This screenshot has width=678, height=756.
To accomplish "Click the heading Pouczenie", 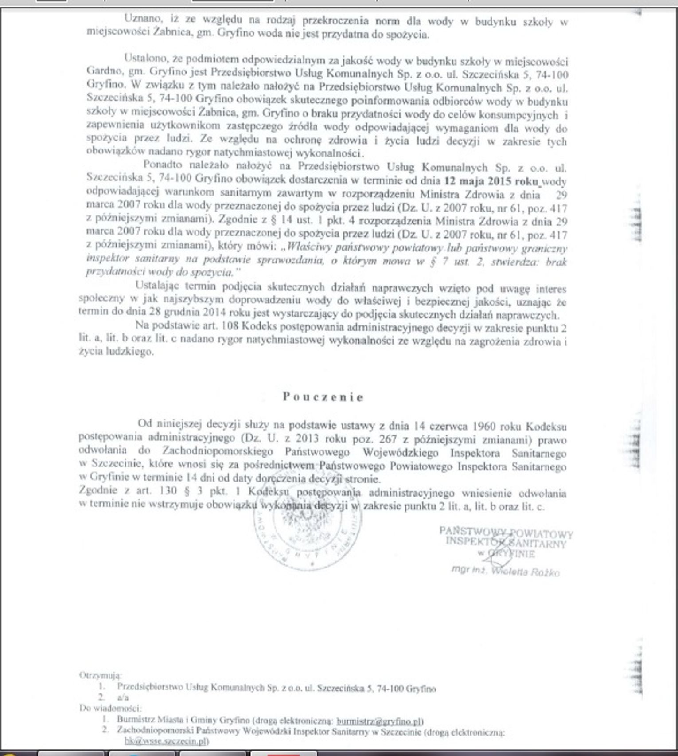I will pos(323,397).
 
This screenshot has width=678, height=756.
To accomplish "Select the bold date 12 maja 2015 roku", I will pos(491,181).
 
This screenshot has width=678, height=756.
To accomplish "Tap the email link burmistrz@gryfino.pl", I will pos(379,721).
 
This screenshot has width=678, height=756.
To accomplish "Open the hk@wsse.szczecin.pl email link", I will pos(166,741).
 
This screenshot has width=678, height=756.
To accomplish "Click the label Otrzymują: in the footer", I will pos(100,676).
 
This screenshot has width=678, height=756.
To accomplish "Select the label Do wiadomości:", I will pos(110,708).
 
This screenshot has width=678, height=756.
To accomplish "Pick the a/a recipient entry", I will pos(123,697).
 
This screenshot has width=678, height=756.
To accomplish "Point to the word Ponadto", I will pos(163,165).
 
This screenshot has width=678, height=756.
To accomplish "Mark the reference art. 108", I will pos(213,326).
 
